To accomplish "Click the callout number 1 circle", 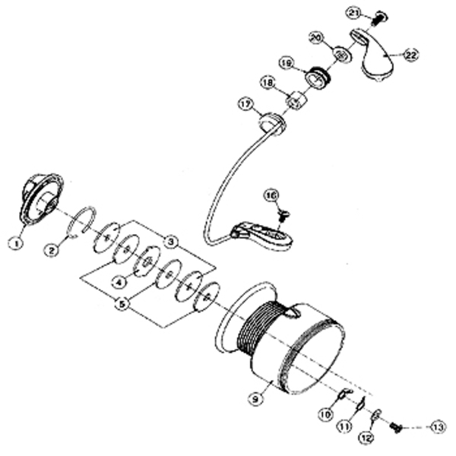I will click(13, 243).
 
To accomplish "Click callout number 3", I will click(172, 241).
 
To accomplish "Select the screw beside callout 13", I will click(395, 429).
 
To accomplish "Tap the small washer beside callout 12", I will click(377, 416).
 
